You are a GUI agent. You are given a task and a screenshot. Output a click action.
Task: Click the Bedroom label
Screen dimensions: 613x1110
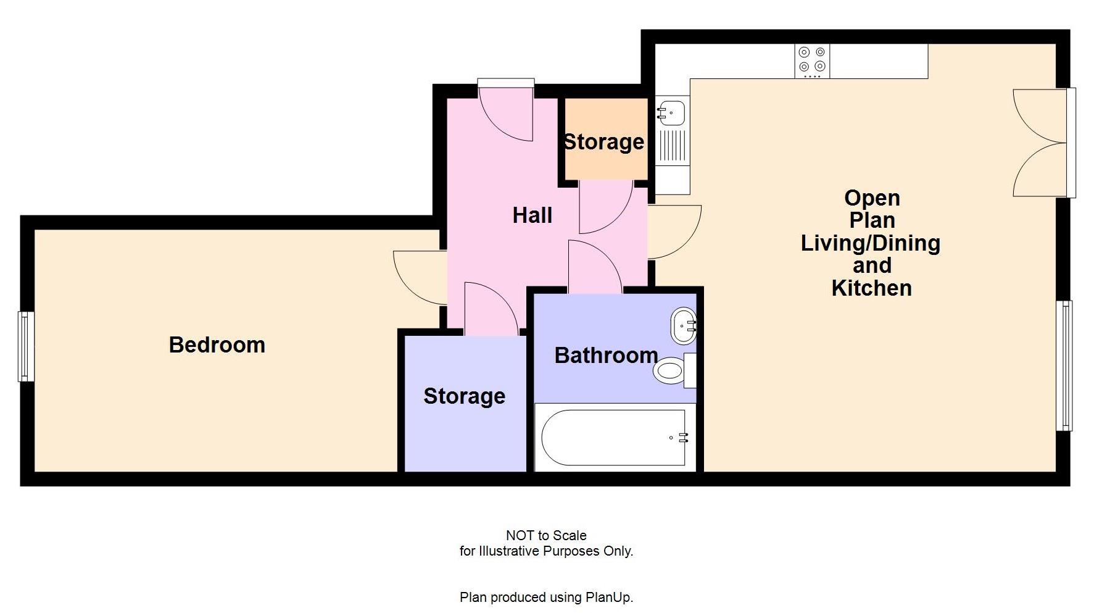click(217, 344)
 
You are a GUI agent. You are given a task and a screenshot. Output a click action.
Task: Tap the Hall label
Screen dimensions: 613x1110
click(532, 215)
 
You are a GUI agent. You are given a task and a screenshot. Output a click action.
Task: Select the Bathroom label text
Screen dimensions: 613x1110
click(605, 356)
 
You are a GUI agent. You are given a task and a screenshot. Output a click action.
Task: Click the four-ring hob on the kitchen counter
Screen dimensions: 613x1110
click(811, 60)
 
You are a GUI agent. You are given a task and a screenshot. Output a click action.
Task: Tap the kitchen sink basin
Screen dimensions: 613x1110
click(671, 113)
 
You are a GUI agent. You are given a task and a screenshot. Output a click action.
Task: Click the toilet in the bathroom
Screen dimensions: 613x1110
click(670, 371)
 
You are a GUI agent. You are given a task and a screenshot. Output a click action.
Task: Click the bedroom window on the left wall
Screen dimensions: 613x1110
click(26, 346)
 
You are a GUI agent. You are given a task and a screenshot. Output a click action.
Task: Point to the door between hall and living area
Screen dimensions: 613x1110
click(675, 231)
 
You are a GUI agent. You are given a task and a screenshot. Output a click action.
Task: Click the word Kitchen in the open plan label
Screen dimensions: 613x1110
click(871, 288)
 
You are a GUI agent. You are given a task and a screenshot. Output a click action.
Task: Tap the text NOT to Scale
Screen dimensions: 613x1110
click(546, 535)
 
